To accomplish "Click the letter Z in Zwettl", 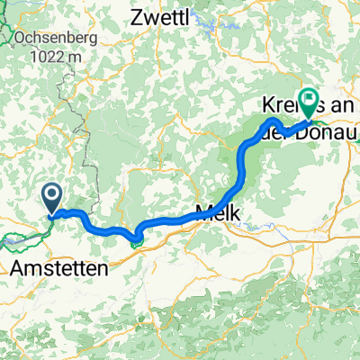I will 138,16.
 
